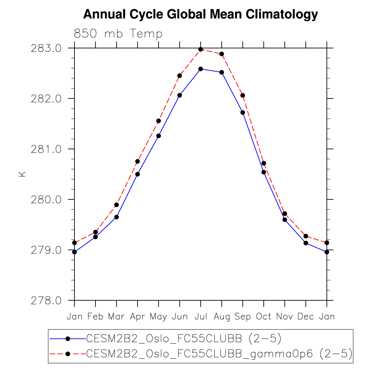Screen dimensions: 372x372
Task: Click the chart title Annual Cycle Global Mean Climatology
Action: click(x=200, y=14)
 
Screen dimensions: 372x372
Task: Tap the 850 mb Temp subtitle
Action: click(x=118, y=34)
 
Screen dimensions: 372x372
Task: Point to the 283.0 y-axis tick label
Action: click(x=46, y=48)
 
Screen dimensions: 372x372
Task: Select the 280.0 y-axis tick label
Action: click(x=46, y=200)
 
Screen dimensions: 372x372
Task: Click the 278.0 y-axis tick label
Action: click(x=46, y=301)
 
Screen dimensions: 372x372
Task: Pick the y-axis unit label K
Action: click(x=22, y=174)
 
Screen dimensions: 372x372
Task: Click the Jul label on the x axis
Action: click(x=201, y=316)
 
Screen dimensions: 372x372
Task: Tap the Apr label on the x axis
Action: click(x=137, y=317)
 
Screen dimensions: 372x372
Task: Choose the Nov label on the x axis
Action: click(x=285, y=316)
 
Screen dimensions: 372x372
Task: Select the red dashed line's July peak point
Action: click(x=201, y=49)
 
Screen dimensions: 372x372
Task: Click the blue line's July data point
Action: click(x=201, y=69)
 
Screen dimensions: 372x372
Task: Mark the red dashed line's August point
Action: click(x=222, y=54)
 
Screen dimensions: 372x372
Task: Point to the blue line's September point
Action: click(x=243, y=112)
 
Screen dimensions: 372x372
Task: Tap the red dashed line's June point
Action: click(x=179, y=76)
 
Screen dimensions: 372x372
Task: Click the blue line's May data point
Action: click(x=159, y=136)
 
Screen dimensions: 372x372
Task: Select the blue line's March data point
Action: click(x=116, y=217)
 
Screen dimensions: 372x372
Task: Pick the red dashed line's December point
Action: click(x=306, y=236)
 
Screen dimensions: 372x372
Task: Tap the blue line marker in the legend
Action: click(x=68, y=339)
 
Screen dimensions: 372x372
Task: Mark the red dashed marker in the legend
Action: click(x=68, y=354)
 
